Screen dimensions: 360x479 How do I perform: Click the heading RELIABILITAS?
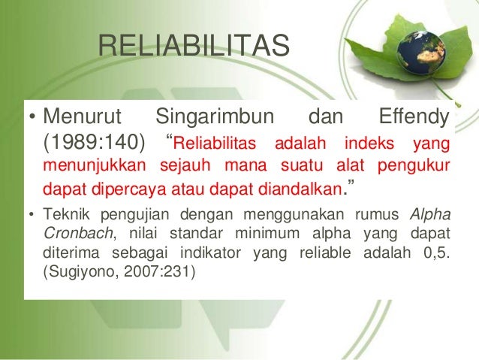pos(194,47)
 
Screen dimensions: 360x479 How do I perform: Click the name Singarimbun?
pos(215,118)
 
